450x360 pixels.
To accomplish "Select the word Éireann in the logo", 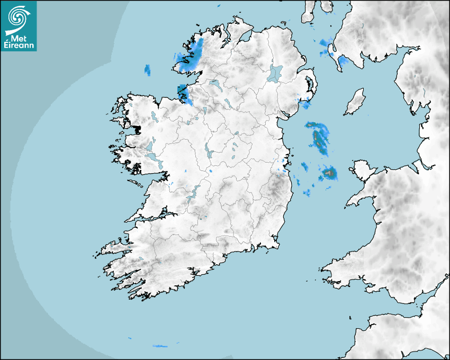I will click(x=19, y=45).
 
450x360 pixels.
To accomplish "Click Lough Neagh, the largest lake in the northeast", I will click(x=275, y=73).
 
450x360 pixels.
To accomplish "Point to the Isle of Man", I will click(x=355, y=102).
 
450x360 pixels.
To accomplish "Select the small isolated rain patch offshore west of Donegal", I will click(x=148, y=69).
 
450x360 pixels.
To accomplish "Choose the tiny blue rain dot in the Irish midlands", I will click(x=210, y=172).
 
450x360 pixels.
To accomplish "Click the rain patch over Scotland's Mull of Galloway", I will click(x=342, y=62).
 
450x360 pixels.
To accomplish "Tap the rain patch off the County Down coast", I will click(x=306, y=104).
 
